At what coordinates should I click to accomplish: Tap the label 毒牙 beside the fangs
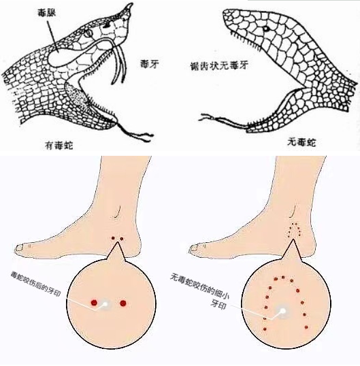(150, 64)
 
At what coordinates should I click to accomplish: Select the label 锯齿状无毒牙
(218, 66)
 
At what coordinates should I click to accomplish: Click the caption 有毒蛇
(59, 146)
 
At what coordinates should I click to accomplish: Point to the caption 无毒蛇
(301, 142)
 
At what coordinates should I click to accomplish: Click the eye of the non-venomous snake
(265, 29)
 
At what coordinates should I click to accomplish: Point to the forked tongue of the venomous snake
(135, 132)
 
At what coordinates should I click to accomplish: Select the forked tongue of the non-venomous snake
(223, 120)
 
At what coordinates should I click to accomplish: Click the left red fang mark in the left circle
(94, 303)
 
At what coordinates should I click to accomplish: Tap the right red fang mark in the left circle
(123, 303)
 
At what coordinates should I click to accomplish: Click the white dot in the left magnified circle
(105, 303)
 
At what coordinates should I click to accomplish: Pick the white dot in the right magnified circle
(282, 311)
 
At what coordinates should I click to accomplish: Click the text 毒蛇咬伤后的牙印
(35, 284)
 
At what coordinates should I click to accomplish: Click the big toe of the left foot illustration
(20, 248)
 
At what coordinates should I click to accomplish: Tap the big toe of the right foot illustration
(195, 248)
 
